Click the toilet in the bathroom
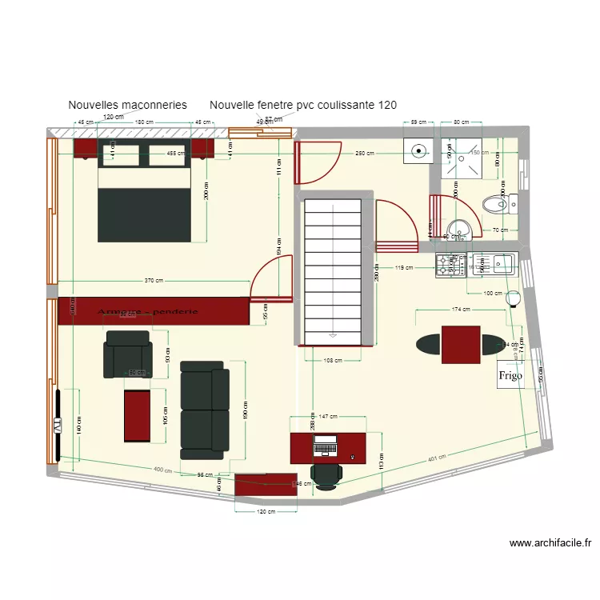(x=502, y=205)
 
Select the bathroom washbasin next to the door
(x=459, y=229)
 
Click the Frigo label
(x=510, y=375)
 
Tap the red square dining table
(x=461, y=345)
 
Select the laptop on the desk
(x=326, y=444)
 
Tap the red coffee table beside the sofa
(x=138, y=415)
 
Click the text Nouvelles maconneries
(x=128, y=105)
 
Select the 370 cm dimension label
(x=154, y=281)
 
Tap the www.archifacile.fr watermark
(x=550, y=543)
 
